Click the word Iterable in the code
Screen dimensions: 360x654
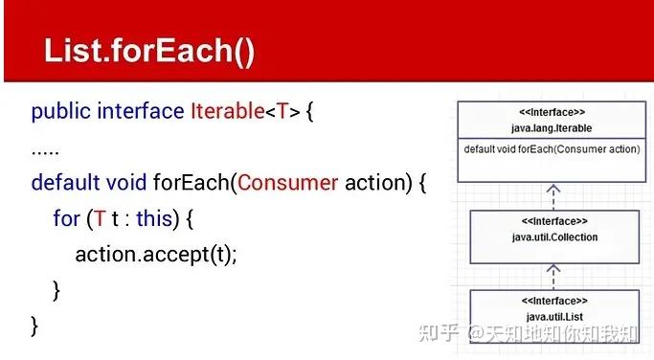(x=226, y=111)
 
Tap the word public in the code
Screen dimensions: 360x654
(x=59, y=111)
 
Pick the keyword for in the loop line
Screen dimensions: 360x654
(x=66, y=218)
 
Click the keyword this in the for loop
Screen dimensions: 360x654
(x=153, y=218)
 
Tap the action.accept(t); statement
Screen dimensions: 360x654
(x=155, y=254)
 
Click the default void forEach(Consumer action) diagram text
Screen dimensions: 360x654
(x=552, y=149)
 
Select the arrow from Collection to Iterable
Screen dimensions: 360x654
(x=553, y=195)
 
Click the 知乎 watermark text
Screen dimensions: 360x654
(x=439, y=334)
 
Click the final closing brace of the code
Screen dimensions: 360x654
(x=35, y=326)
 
